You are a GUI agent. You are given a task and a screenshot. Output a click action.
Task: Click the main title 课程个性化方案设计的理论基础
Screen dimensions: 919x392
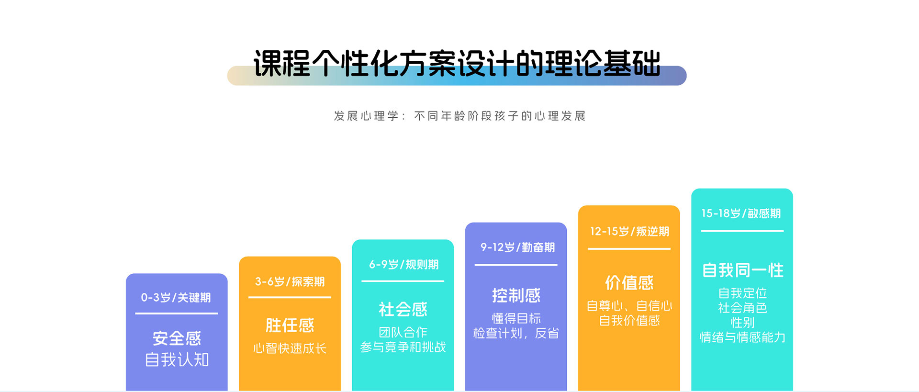coord(457,63)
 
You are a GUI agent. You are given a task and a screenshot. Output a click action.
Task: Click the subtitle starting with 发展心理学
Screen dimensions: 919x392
coord(459,116)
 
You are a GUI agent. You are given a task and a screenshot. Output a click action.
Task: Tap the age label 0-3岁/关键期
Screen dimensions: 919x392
coord(176,298)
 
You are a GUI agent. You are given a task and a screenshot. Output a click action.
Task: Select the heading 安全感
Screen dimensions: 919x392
coord(177,338)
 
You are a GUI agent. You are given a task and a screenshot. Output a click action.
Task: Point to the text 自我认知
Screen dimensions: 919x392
coord(177,359)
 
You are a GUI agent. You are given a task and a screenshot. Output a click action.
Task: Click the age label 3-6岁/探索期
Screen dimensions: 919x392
coord(290,281)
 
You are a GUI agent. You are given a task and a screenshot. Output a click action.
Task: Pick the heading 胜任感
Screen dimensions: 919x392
coord(290,325)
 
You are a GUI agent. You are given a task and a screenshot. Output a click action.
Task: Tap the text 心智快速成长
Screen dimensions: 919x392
coord(290,348)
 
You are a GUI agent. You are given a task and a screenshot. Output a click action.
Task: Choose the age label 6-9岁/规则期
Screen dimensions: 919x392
coord(403,264)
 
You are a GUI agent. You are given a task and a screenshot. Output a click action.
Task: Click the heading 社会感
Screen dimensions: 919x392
coord(403,309)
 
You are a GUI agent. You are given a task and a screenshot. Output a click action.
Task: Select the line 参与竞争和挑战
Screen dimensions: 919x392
coord(403,347)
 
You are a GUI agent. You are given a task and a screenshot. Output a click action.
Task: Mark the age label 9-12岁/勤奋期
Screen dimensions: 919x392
coord(517,247)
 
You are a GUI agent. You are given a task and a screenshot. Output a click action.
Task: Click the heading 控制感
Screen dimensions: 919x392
coord(516,295)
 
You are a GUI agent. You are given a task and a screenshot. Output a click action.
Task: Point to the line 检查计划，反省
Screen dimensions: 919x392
coord(516,333)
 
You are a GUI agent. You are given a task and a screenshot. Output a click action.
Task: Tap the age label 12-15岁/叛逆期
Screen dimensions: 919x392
coord(629,231)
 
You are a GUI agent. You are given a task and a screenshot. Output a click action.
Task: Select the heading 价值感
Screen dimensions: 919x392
coord(629,282)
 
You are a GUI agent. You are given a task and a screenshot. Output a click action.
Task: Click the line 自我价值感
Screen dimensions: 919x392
coord(629,320)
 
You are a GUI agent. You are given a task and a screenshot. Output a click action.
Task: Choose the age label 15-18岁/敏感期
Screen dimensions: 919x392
coord(741,213)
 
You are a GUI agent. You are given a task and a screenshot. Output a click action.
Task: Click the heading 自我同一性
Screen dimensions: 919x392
coord(742,270)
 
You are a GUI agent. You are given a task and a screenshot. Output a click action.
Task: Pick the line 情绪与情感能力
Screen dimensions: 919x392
coord(742,337)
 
